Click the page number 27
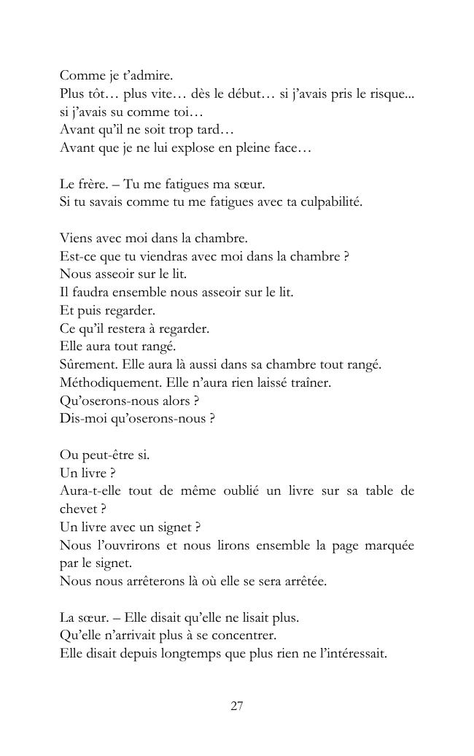pos(236,706)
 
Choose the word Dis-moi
pos(81,418)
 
